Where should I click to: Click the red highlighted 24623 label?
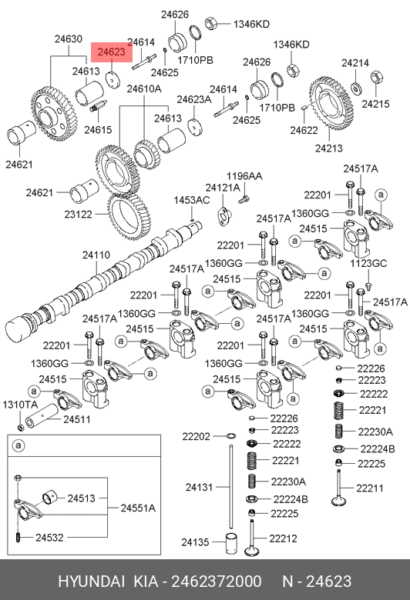[x=112, y=52]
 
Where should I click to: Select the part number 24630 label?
[x=69, y=39]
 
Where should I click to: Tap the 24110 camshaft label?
[x=96, y=255]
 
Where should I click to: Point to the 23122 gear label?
[x=79, y=215]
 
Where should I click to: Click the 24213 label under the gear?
[x=329, y=148]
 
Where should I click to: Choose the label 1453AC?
[x=192, y=200]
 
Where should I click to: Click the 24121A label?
[x=223, y=188]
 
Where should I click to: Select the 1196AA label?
[x=244, y=176]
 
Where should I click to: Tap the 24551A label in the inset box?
[x=138, y=508]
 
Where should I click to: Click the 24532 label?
[x=49, y=538]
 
